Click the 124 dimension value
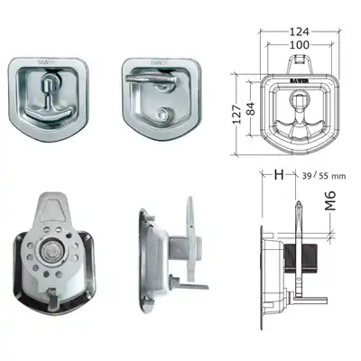tap(300, 32)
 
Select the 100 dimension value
tap(300, 45)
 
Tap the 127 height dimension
tap(237, 114)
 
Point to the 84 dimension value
tap(251, 109)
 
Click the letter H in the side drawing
tap(279, 175)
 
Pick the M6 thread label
tap(330, 200)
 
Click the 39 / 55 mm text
tap(323, 176)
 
